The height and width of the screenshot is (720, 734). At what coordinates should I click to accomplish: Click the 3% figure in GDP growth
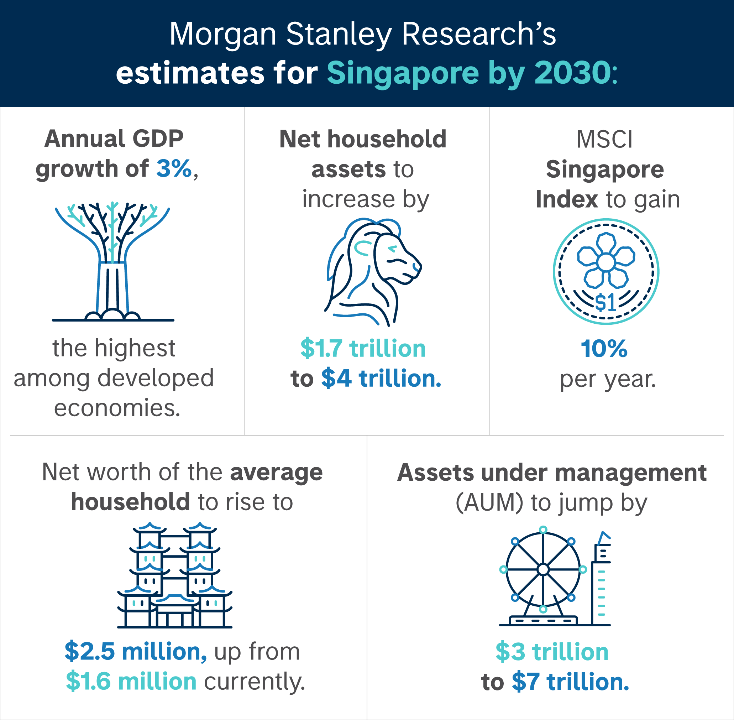(x=174, y=169)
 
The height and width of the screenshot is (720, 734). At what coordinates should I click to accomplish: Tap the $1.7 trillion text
(x=363, y=348)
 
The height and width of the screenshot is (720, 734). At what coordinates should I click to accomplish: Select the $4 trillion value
(x=381, y=379)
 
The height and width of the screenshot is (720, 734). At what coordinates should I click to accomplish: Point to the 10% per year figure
(x=604, y=348)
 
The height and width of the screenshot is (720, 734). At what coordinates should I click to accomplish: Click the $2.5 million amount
(x=136, y=652)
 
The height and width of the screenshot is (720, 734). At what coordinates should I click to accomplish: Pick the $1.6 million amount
(x=131, y=682)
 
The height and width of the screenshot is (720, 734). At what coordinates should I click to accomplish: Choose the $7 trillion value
(x=570, y=682)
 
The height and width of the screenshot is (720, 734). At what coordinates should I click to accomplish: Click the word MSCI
(x=604, y=140)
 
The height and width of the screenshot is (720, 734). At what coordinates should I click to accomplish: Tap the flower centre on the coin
(x=606, y=262)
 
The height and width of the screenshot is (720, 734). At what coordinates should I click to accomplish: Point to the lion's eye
(x=392, y=249)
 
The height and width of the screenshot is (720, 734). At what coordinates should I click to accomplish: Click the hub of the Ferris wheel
(x=543, y=569)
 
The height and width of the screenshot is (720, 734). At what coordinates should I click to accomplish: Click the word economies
(x=117, y=408)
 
